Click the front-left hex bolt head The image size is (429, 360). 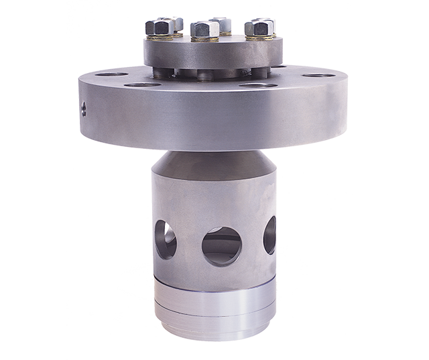(x=160, y=28)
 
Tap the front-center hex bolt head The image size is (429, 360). (x=205, y=29)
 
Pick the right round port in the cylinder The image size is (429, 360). (x=269, y=234)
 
